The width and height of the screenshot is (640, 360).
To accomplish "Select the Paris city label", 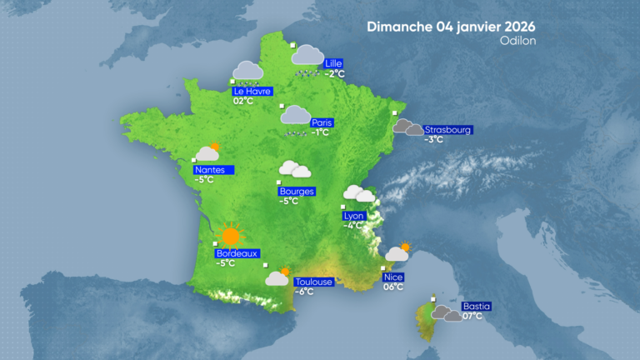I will pyautogui.click(x=322, y=122).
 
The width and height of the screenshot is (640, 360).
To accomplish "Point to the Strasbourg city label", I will pyautogui.click(x=448, y=129).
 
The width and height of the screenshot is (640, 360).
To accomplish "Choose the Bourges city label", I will pyautogui.click(x=297, y=191).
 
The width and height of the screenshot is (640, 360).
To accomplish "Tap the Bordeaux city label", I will pyautogui.click(x=238, y=253).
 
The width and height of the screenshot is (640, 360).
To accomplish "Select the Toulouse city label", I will pyautogui.click(x=314, y=282).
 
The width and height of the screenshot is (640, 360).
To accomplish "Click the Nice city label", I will pyautogui.click(x=392, y=277).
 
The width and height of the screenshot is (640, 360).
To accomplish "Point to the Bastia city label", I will pyautogui.click(x=476, y=306).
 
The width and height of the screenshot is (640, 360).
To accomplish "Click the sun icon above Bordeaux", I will pyautogui.click(x=230, y=235).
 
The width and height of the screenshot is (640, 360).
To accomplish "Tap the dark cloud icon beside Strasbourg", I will pyautogui.click(x=408, y=127).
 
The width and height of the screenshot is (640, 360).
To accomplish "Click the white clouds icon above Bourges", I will pyautogui.click(x=295, y=169).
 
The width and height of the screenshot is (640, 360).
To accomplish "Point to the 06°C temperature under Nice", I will pyautogui.click(x=393, y=287).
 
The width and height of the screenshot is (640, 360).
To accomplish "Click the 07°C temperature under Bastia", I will pyautogui.click(x=472, y=317).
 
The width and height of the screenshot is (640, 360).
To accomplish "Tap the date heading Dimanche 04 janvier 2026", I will pyautogui.click(x=451, y=26).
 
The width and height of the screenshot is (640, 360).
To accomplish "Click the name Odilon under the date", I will pyautogui.click(x=518, y=40).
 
